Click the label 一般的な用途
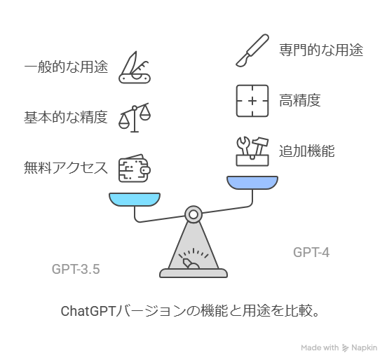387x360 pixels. tap(66, 67)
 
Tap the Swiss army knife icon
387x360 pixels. tap(135, 67)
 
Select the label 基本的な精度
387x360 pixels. tap(66, 117)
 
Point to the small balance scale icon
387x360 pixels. tap(135, 118)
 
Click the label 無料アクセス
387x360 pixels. tap(66, 167)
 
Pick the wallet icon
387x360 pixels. tap(135, 168)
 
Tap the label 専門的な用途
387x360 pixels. tap(321, 50)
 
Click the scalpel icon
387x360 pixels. tap(252, 50)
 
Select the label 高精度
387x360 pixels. tap(300, 100)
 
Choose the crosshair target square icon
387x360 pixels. tap(252, 101)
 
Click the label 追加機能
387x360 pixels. tap(307, 151)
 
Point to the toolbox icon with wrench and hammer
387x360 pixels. tap(252, 151)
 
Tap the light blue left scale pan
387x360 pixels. tap(135, 199)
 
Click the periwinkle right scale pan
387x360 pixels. tap(252, 183)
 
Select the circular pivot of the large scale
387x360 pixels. tap(193, 214)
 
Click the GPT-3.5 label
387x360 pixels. tap(76, 269)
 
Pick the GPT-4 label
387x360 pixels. tap(311, 253)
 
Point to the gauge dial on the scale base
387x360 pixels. tap(193, 258)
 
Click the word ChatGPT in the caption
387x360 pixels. tap(88, 311)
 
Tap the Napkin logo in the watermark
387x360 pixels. tap(346, 348)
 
